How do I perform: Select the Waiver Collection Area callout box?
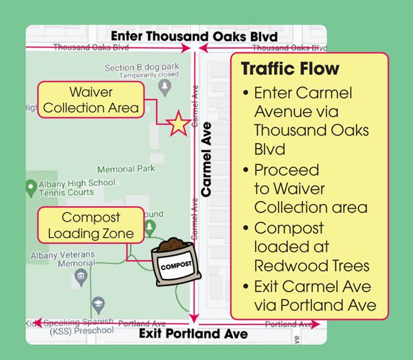point(91,100)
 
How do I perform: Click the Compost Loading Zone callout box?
point(91,225)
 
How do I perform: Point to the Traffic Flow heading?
point(290,68)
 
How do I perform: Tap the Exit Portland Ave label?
point(193,333)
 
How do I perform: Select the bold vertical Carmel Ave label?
point(206,162)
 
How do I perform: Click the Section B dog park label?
point(141,67)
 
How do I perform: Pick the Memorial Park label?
point(126,169)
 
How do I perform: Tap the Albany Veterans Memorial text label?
point(63,259)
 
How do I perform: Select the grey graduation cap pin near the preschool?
point(97,305)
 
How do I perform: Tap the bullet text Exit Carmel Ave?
point(312,287)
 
